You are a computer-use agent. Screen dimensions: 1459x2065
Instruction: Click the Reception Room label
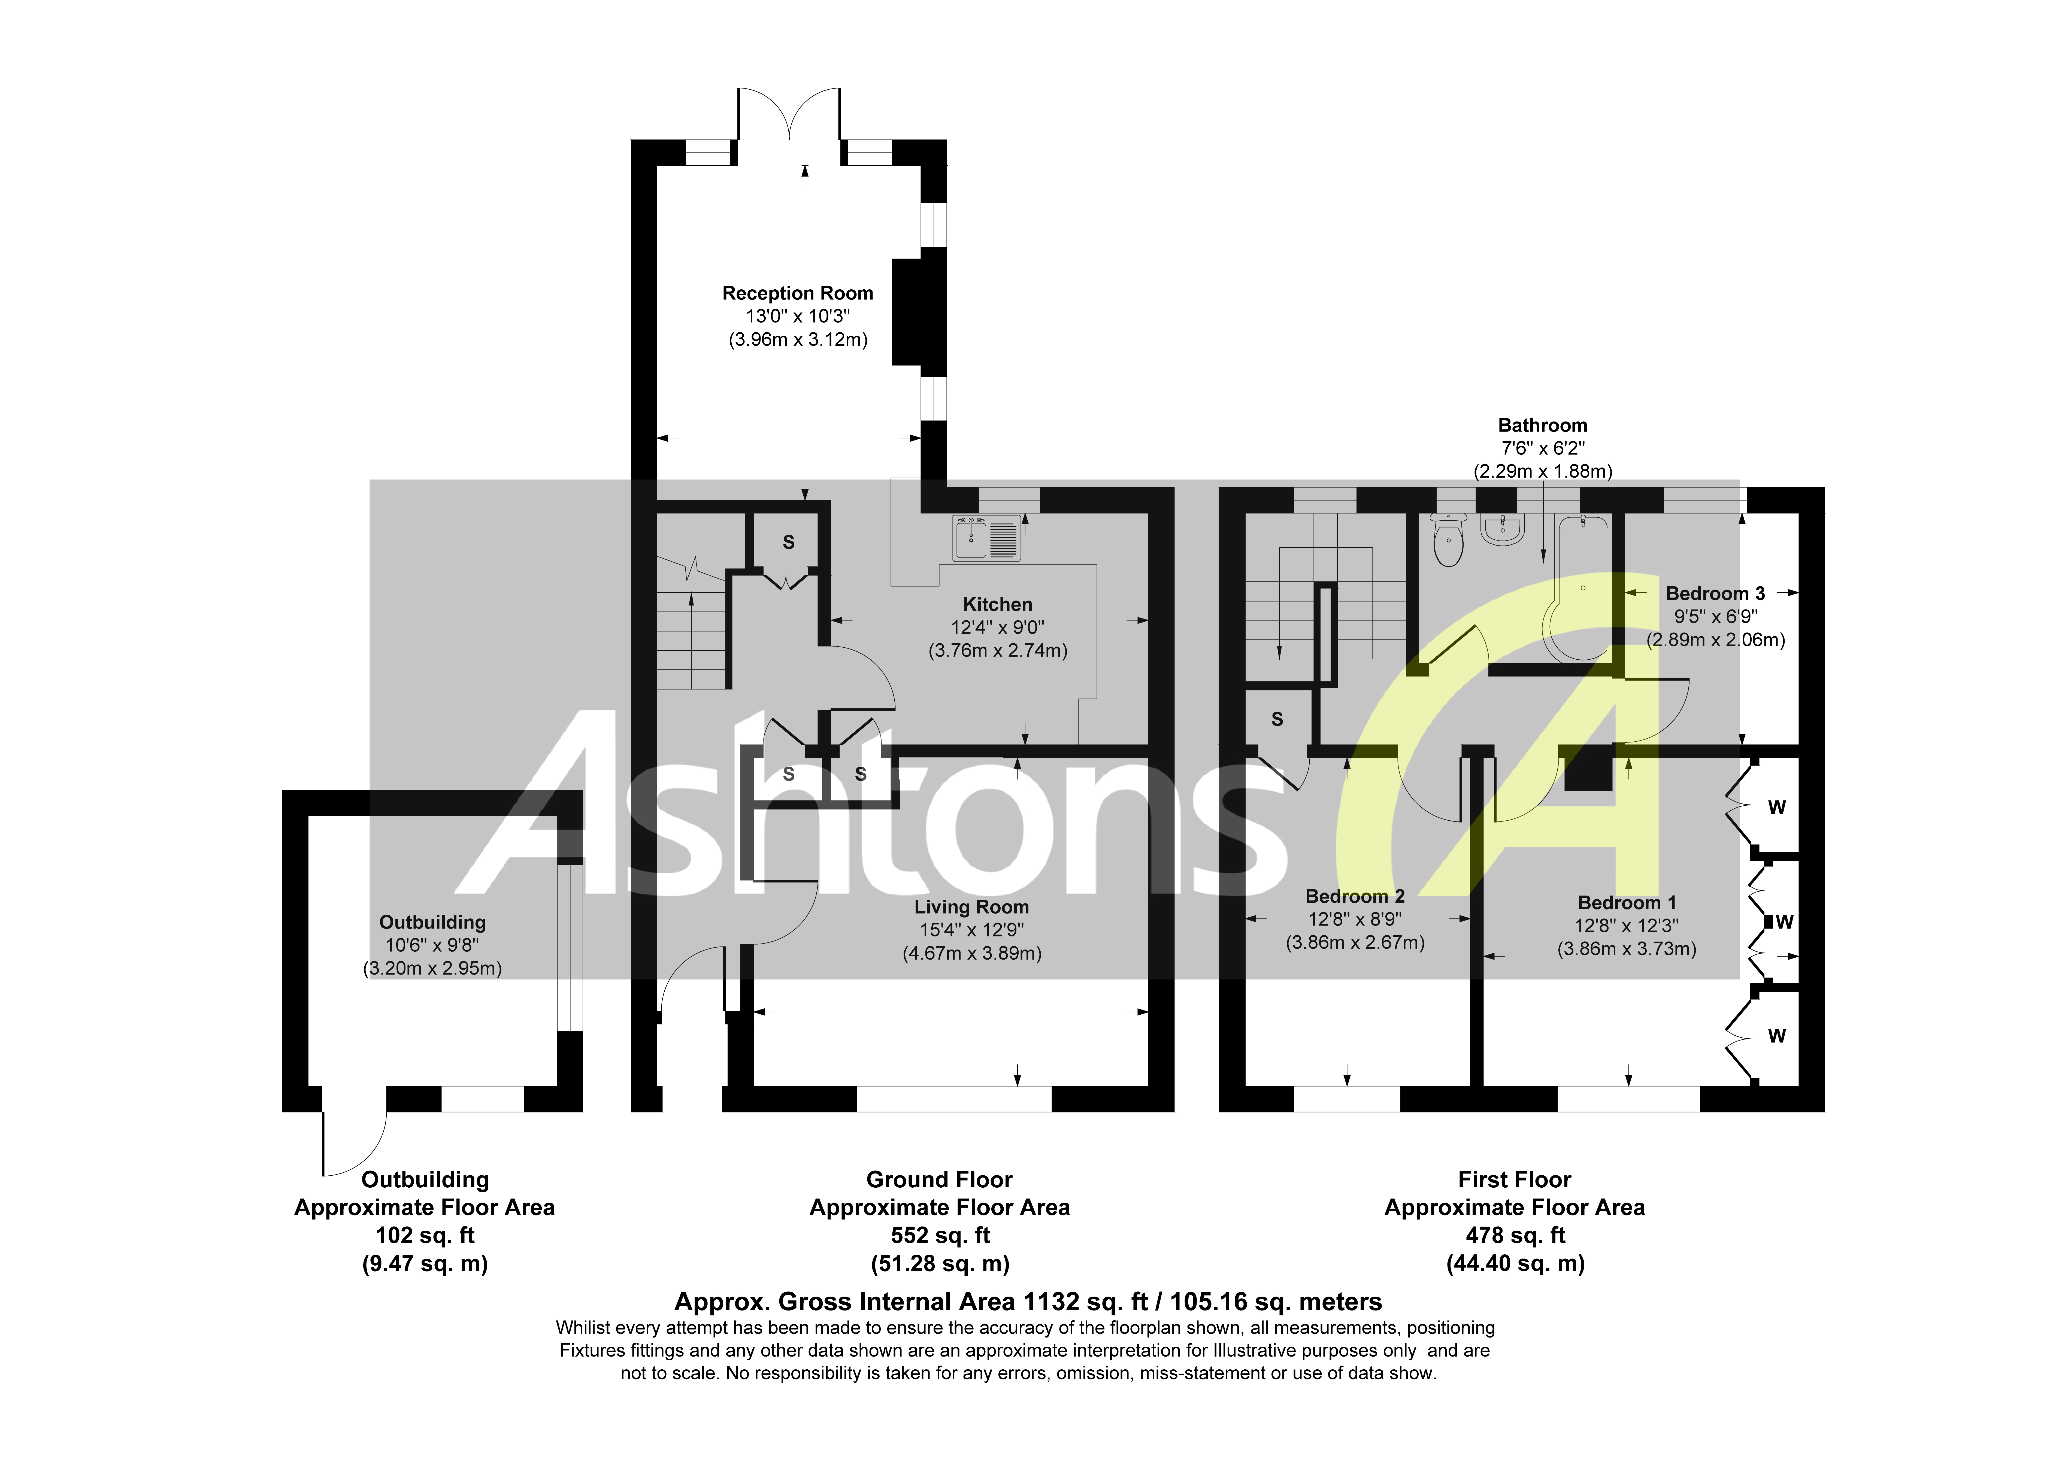(797, 293)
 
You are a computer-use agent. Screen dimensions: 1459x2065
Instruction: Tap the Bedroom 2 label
(1355, 896)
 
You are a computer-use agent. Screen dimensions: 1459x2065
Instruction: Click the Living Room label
(971, 907)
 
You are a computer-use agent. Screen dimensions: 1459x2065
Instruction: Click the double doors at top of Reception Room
(789, 115)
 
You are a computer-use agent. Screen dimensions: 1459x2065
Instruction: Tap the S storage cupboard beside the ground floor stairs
(788, 542)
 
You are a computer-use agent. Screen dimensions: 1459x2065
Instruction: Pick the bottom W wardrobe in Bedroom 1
(1775, 1036)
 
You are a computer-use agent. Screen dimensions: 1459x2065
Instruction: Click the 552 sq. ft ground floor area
(940, 1235)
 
